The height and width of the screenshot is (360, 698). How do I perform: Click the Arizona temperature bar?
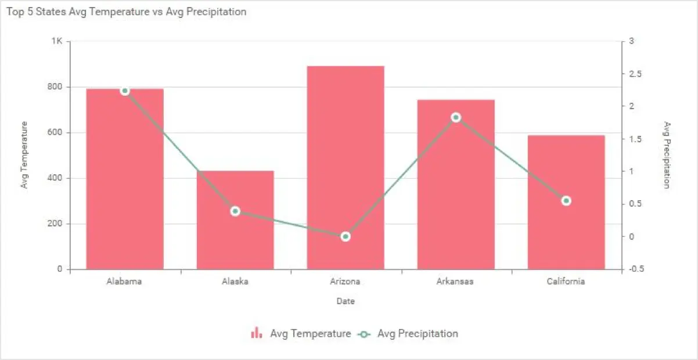(x=346, y=168)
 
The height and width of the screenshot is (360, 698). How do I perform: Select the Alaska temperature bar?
(x=235, y=232)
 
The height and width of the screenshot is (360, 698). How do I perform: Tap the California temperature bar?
(x=566, y=232)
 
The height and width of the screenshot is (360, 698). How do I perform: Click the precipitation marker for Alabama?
(x=125, y=91)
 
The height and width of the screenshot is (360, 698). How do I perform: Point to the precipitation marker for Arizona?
(x=346, y=236)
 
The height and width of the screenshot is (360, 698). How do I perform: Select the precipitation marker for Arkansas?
(x=456, y=117)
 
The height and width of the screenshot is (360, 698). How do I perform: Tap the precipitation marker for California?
(x=566, y=201)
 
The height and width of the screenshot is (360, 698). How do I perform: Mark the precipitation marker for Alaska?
(x=235, y=211)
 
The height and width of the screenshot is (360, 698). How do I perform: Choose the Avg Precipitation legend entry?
(x=409, y=334)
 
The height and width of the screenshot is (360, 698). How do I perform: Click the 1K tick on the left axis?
(x=57, y=41)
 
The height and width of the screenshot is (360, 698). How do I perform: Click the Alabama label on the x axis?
(x=124, y=282)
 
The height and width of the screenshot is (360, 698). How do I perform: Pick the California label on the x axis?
(x=566, y=282)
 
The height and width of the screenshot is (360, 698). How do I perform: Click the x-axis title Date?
(x=346, y=301)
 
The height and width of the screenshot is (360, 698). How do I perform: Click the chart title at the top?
(x=127, y=12)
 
